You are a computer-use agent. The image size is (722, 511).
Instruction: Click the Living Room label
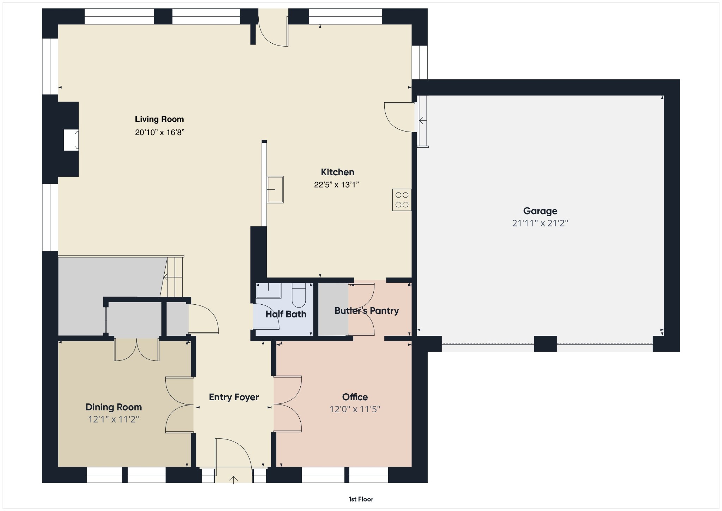159,119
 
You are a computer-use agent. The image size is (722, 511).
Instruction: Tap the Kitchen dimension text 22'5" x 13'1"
336,184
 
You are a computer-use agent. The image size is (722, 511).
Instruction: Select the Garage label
540,211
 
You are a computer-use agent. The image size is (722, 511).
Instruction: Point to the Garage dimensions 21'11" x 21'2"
540,223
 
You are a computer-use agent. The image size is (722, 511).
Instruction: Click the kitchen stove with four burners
402,200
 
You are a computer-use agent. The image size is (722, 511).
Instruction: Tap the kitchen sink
275,190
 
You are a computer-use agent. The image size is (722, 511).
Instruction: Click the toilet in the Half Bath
299,295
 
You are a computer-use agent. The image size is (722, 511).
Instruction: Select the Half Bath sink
268,291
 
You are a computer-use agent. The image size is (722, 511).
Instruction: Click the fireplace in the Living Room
71,140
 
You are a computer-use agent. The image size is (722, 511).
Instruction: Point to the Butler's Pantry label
367,311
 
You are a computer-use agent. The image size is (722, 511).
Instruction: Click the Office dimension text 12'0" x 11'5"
355,409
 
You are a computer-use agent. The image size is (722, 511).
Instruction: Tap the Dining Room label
114,407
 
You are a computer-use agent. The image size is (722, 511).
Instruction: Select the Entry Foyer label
234,397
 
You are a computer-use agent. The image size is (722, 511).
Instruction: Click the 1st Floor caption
361,499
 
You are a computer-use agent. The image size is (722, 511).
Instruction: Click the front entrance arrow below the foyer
233,480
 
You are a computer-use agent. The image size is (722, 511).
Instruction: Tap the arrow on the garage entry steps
422,121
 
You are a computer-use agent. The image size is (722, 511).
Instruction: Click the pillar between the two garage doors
545,344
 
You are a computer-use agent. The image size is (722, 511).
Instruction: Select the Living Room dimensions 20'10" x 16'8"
160,132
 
